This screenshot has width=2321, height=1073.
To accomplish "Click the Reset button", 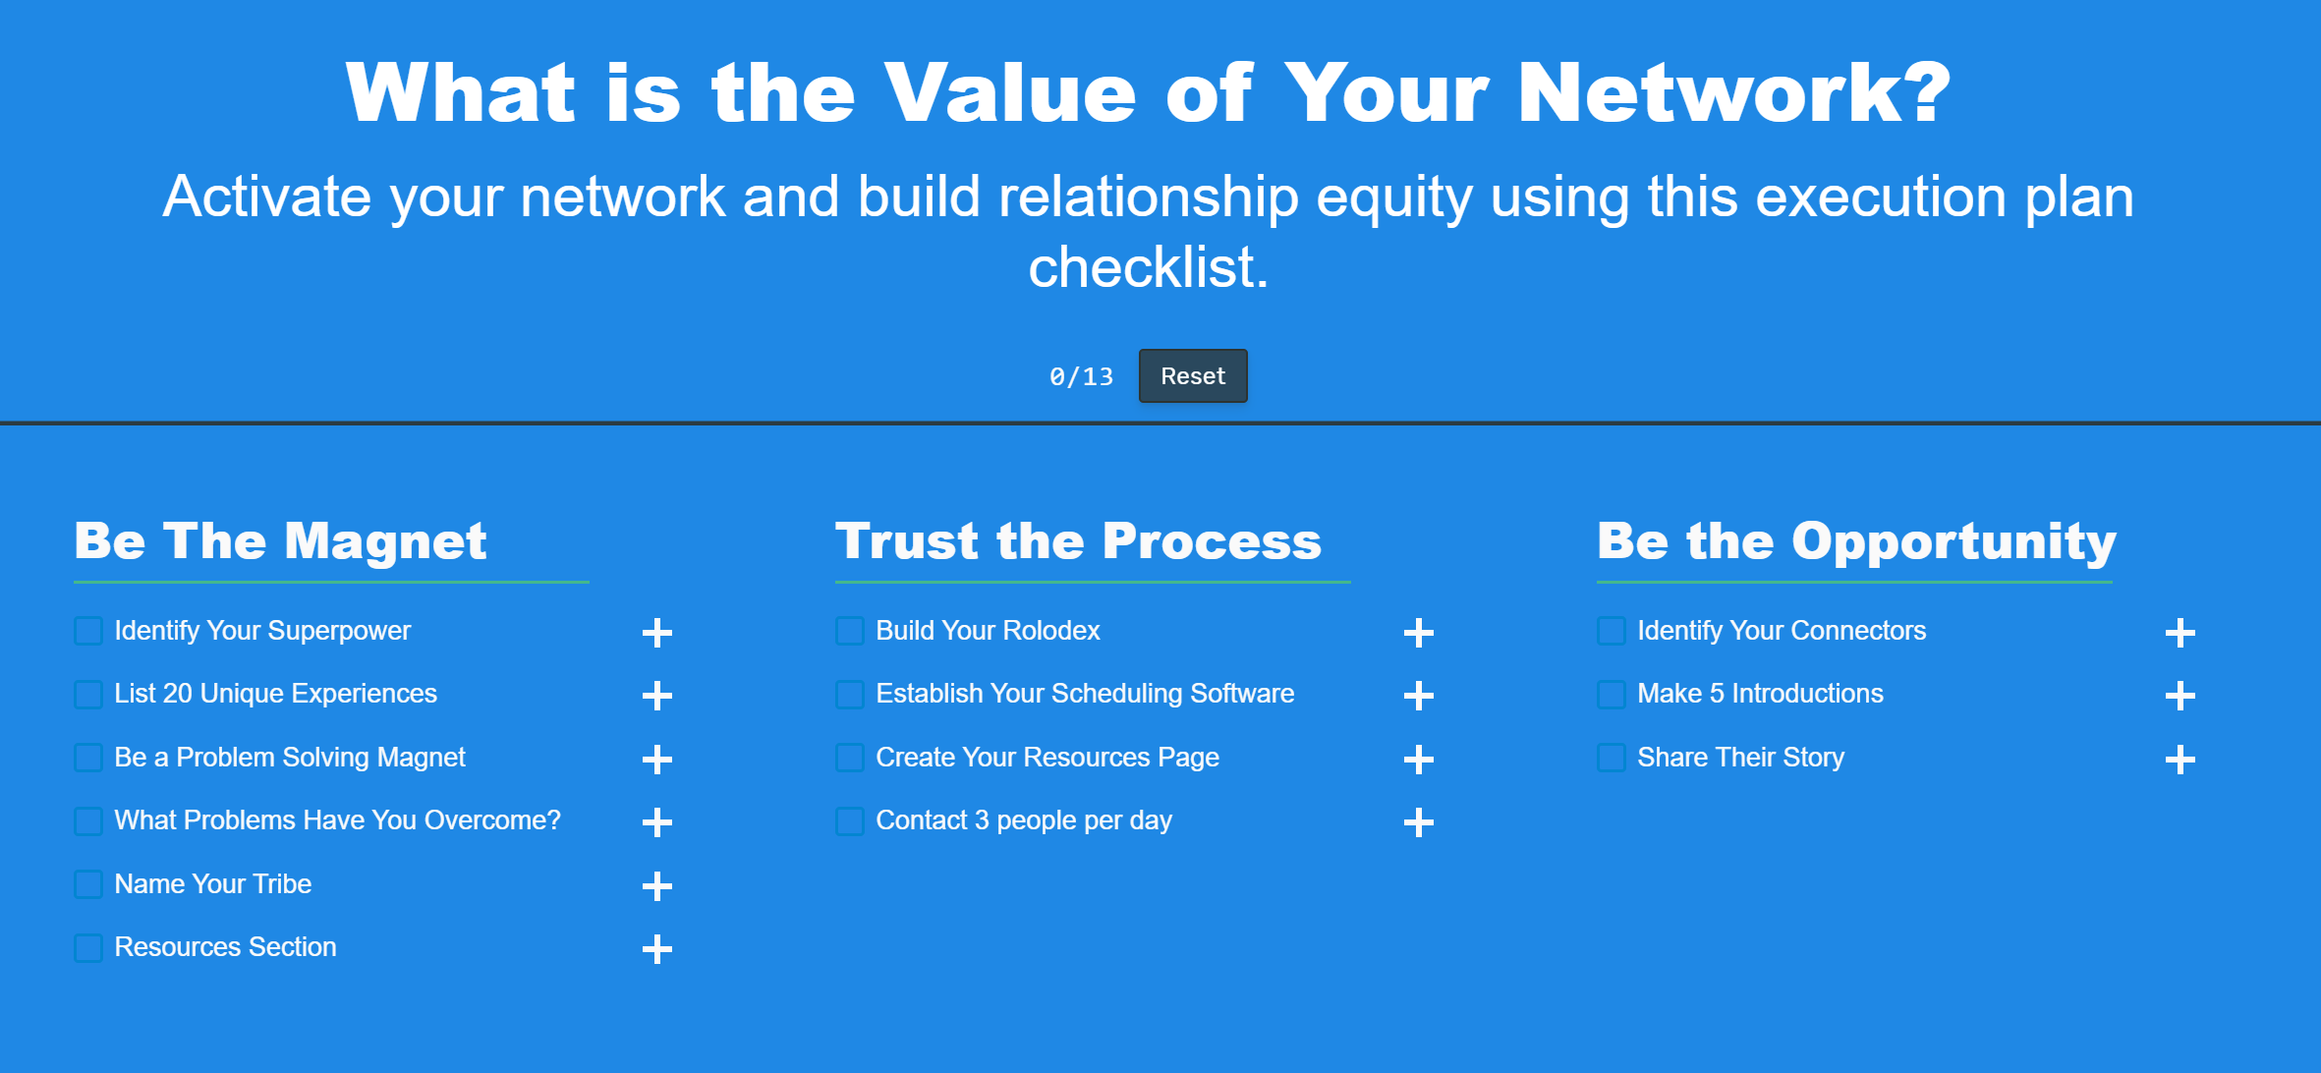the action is [x=1193, y=376].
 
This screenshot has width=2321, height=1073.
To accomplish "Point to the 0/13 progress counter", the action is [x=1081, y=376].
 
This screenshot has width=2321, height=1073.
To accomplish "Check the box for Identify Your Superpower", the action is [x=88, y=631].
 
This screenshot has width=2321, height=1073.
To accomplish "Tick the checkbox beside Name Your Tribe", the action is [x=88, y=884].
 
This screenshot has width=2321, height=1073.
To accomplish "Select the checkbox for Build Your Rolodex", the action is [x=850, y=631].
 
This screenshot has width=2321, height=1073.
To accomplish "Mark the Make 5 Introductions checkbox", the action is [x=1612, y=695].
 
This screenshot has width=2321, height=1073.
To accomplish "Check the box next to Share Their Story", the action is [x=1612, y=758].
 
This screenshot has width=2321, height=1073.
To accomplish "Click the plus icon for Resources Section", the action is [x=657, y=949].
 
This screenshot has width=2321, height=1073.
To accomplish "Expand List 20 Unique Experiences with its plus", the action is [x=657, y=696].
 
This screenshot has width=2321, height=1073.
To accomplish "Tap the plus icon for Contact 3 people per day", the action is [x=1419, y=822].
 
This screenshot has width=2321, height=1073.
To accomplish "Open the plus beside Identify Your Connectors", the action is [x=2180, y=633].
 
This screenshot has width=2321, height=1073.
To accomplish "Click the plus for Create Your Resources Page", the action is [x=1419, y=760].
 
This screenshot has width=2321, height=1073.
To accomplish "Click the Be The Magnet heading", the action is [x=281, y=541].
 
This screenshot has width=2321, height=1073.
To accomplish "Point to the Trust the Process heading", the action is [x=1079, y=541].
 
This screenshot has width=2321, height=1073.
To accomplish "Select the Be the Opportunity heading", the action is [x=1857, y=541].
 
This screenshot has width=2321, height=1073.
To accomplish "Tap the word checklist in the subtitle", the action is [x=1149, y=267].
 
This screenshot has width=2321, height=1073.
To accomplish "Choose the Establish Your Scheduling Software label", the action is [x=1085, y=694].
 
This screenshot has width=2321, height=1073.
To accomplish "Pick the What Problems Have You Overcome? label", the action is [x=337, y=820].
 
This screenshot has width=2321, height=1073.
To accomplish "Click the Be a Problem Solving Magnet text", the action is [x=290, y=758].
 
